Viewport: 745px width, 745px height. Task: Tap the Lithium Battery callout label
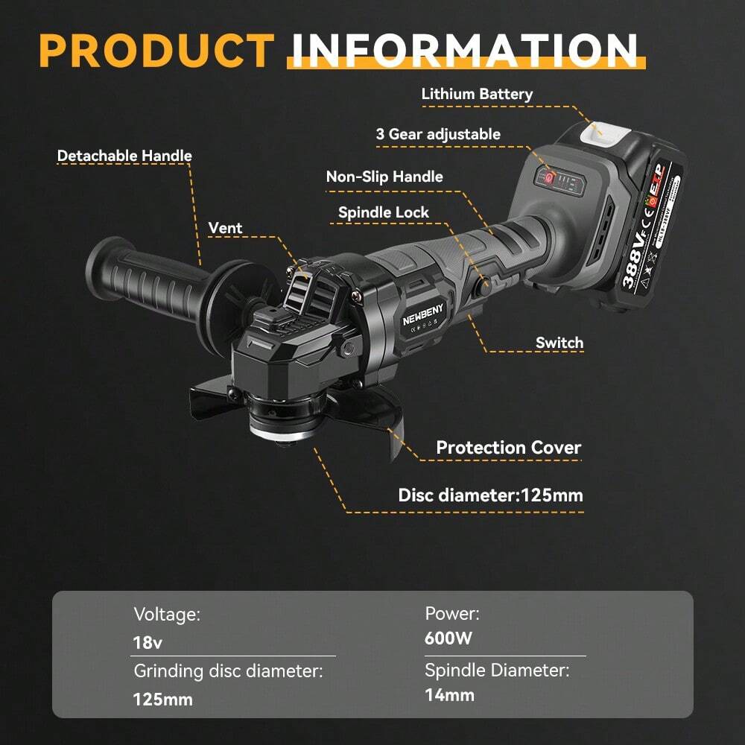(x=477, y=95)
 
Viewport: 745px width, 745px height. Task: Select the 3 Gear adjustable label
(x=438, y=134)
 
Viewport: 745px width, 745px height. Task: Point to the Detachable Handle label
(x=124, y=156)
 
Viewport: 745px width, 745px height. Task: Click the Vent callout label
(x=225, y=228)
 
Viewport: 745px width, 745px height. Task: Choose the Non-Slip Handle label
(x=384, y=177)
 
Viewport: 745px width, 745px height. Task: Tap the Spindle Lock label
(x=384, y=212)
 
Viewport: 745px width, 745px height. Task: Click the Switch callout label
(x=559, y=343)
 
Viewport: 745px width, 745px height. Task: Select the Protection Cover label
(x=508, y=448)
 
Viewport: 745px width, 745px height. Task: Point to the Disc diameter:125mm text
(x=490, y=495)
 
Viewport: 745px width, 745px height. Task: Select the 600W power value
(x=448, y=638)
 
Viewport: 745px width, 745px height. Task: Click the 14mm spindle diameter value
(x=449, y=695)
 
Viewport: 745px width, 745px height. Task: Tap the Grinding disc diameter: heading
(x=228, y=670)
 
